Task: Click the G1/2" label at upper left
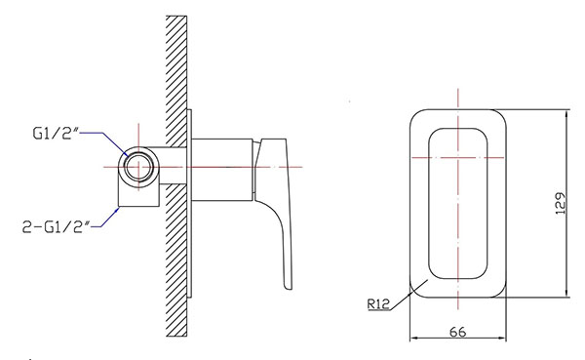56,134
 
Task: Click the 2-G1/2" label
57,226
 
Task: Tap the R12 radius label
378,304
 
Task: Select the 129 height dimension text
560,203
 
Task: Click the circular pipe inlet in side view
138,167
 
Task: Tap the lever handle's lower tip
289,287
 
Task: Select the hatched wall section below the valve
176,260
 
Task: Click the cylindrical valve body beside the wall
222,170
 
